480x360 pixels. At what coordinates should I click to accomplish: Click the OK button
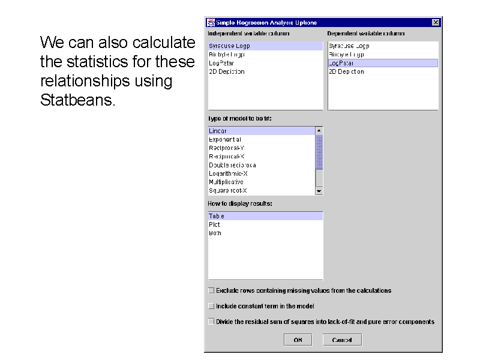point(298,340)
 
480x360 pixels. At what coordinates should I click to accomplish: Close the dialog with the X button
point(436,22)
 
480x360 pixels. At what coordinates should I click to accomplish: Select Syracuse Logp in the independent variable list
point(229,46)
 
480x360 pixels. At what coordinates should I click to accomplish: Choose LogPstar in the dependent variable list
point(341,62)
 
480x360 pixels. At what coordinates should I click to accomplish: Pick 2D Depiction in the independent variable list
point(227,71)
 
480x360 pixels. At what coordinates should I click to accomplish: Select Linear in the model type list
point(218,131)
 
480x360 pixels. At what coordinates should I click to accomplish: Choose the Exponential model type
point(225,139)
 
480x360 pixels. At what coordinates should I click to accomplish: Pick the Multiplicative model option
point(226,182)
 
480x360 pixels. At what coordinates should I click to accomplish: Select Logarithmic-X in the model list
point(228,173)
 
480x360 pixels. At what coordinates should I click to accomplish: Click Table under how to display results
point(217,216)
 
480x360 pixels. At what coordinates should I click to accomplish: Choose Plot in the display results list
point(214,224)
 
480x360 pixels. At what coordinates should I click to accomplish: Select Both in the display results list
point(215,233)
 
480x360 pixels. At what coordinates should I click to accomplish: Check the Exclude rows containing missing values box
point(211,290)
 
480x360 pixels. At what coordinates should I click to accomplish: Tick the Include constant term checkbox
point(211,306)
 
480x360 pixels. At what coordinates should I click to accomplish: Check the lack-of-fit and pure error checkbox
point(211,322)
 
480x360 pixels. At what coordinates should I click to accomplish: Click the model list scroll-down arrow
point(319,191)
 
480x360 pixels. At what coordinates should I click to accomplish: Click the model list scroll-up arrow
point(319,130)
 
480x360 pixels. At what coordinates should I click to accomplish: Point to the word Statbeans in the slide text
point(76,100)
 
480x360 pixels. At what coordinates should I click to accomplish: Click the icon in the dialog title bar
point(211,22)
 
